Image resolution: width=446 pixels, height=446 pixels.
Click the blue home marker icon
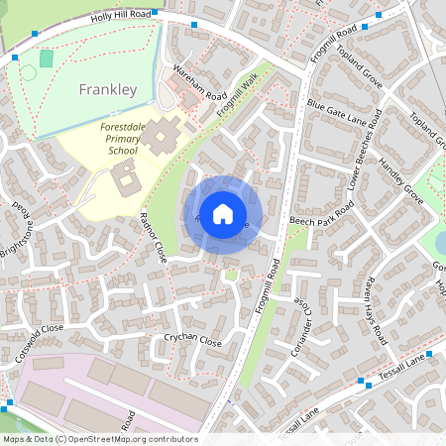(223, 213)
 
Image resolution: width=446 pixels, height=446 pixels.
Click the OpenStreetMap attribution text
(99, 439)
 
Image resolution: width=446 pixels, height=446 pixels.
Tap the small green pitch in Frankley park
(46, 58)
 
